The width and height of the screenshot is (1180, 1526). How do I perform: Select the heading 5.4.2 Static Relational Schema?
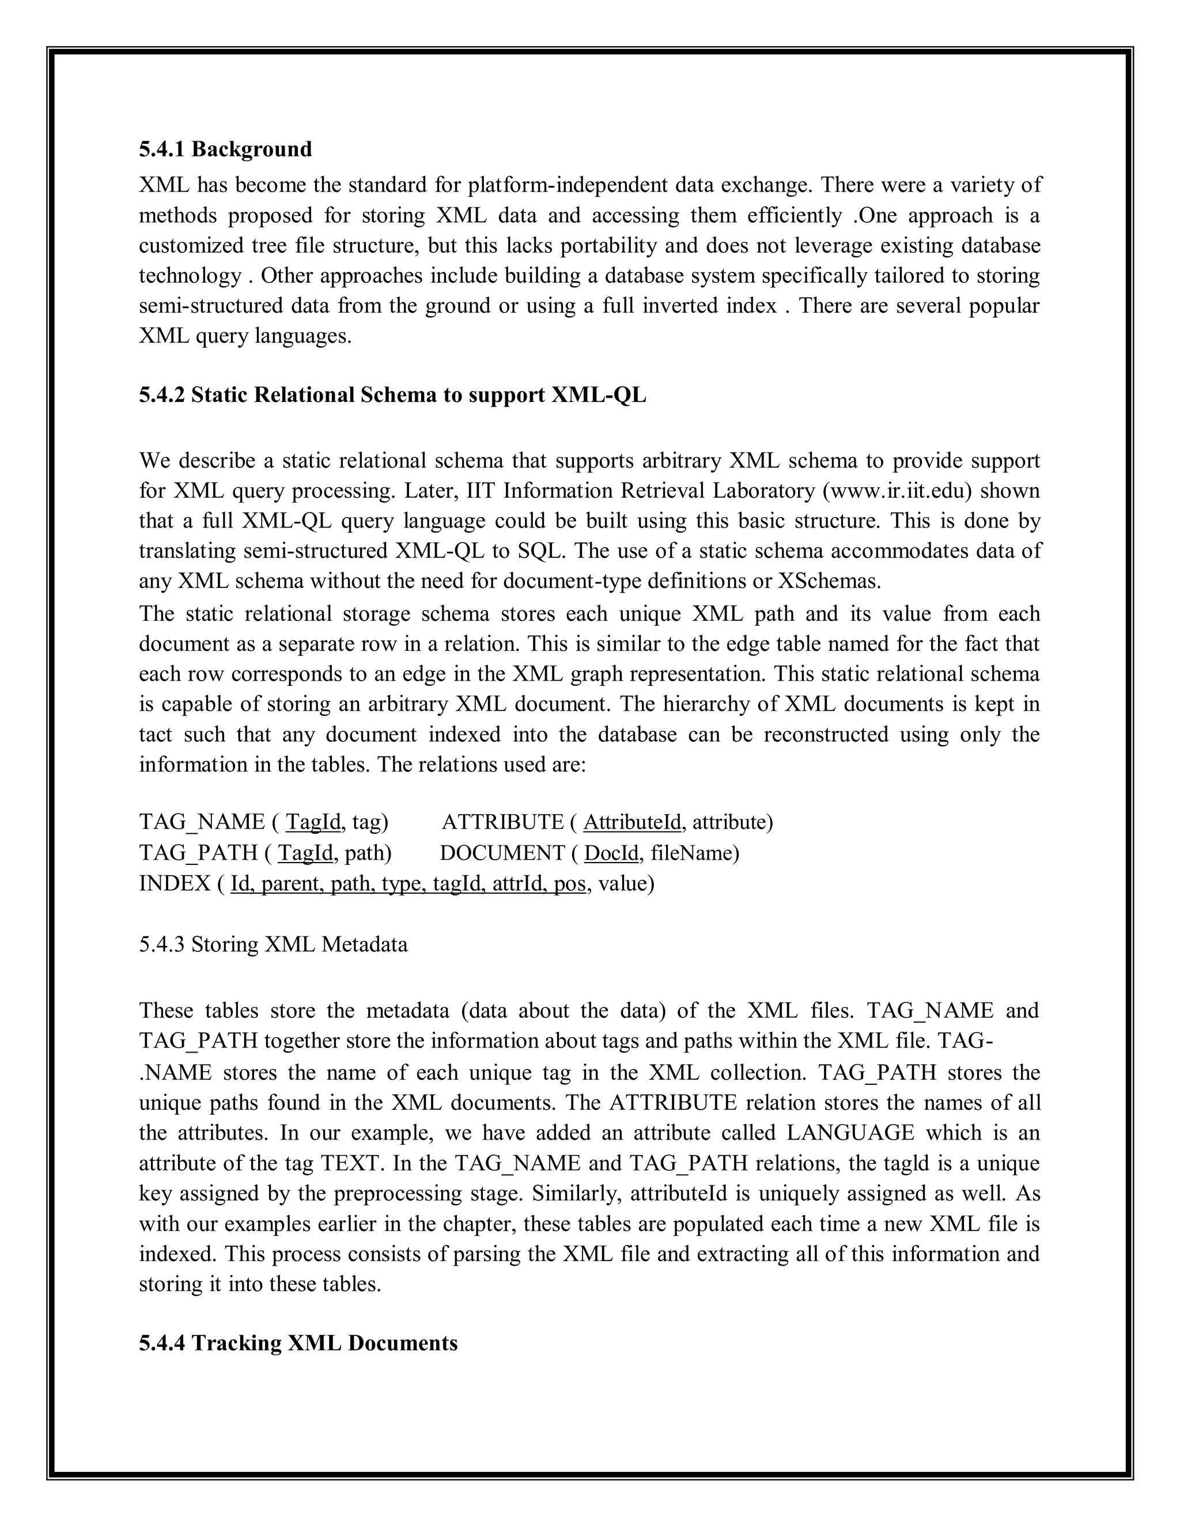[x=392, y=395]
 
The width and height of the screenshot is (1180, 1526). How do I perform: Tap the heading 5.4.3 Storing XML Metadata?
[x=273, y=944]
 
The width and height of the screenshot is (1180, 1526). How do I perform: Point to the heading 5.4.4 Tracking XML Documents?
[x=298, y=1343]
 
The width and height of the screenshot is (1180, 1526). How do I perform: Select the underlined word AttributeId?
[x=631, y=822]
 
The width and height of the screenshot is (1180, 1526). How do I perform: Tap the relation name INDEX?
[x=175, y=883]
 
